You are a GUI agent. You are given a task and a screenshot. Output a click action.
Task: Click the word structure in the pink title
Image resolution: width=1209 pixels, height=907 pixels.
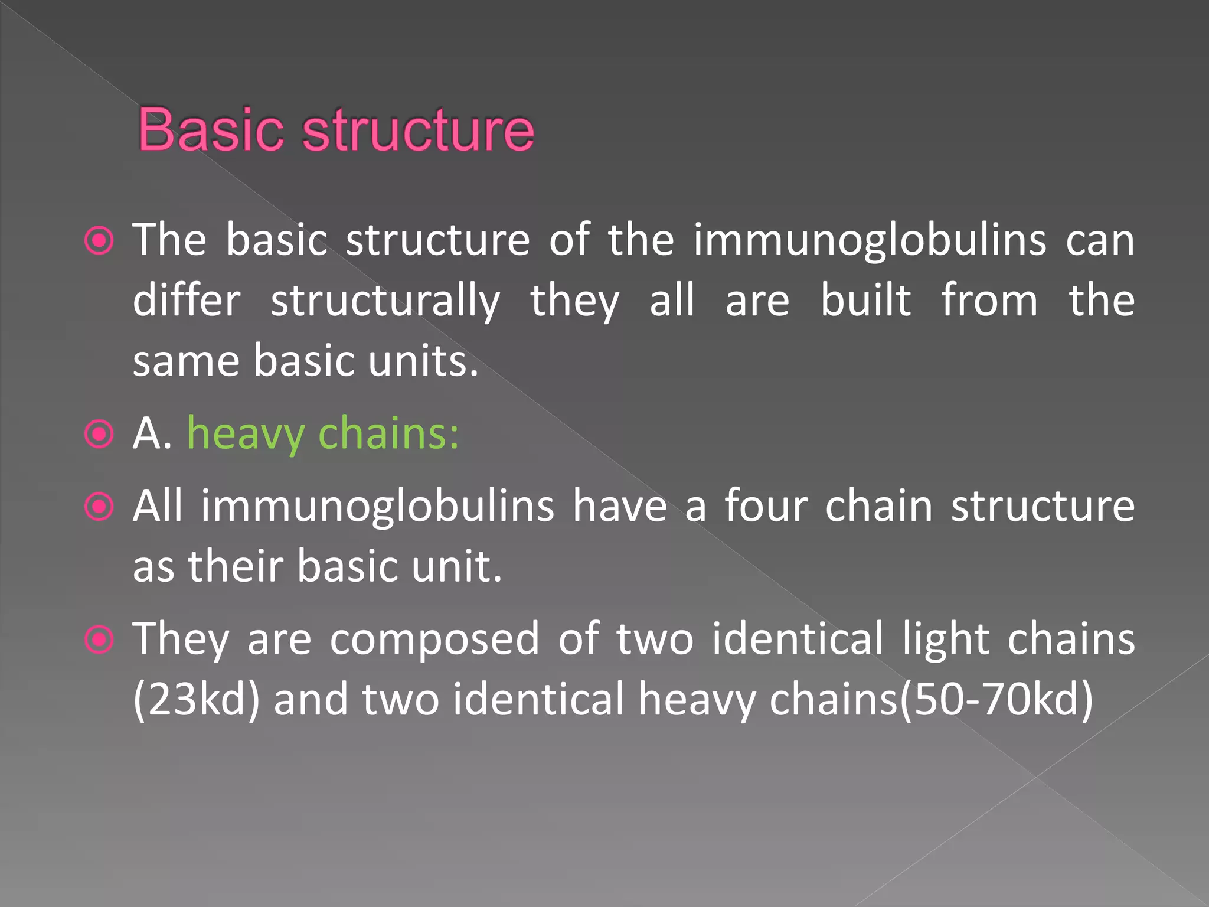tap(418, 130)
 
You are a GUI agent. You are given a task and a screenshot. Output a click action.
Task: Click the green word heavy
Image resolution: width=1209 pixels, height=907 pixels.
tap(246, 435)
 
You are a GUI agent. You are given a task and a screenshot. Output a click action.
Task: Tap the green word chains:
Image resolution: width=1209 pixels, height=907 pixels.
tap(388, 433)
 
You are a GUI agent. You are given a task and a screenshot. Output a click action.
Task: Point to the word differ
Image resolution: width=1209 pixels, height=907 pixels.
tap(187, 301)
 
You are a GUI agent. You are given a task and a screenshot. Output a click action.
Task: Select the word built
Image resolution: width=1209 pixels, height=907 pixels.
tap(866, 301)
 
